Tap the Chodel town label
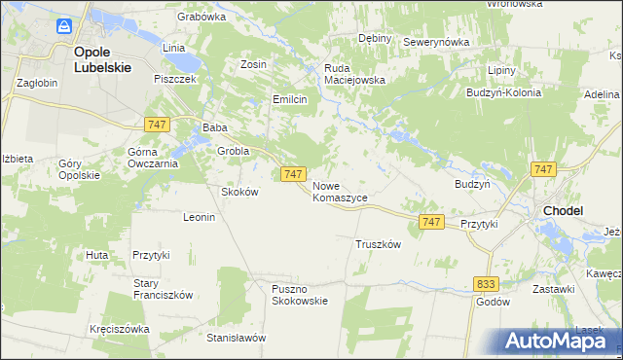[x=564, y=209]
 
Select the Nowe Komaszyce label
[x=340, y=191]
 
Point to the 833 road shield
[x=488, y=283]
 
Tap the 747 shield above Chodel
[x=544, y=169]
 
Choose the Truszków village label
[x=379, y=245]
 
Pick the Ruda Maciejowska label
[x=355, y=75]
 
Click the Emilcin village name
[x=290, y=99]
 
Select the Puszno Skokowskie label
[x=300, y=295]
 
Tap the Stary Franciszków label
[x=164, y=289]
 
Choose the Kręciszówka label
[x=119, y=329]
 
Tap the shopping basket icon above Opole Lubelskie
[x=64, y=26]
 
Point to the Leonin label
[x=199, y=217]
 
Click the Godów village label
[x=493, y=302]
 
